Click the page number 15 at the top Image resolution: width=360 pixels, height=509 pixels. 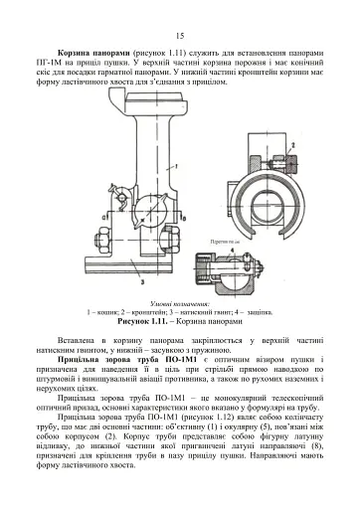[180, 36]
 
